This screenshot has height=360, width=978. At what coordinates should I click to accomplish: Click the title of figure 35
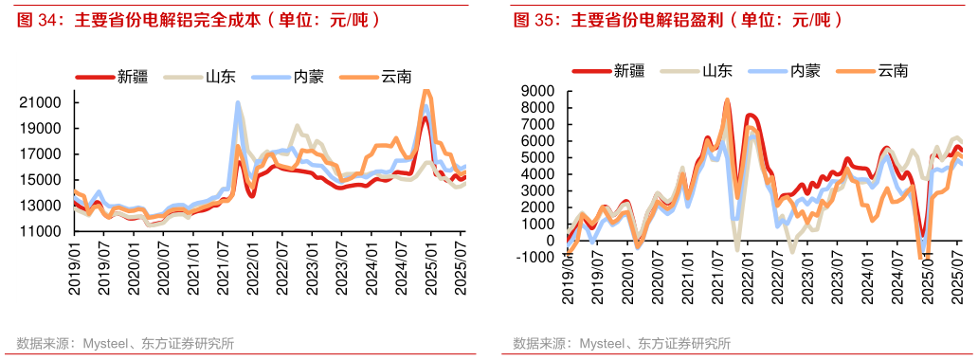[678, 20]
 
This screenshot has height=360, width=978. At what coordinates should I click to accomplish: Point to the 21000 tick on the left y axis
[42, 102]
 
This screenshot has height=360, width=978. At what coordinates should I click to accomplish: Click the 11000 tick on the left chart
[42, 231]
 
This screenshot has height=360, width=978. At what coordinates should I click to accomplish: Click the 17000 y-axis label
[42, 153]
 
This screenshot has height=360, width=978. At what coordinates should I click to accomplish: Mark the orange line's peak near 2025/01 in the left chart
[426, 92]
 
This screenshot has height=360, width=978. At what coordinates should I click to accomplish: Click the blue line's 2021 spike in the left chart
[237, 102]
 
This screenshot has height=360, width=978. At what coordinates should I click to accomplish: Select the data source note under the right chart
[622, 343]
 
